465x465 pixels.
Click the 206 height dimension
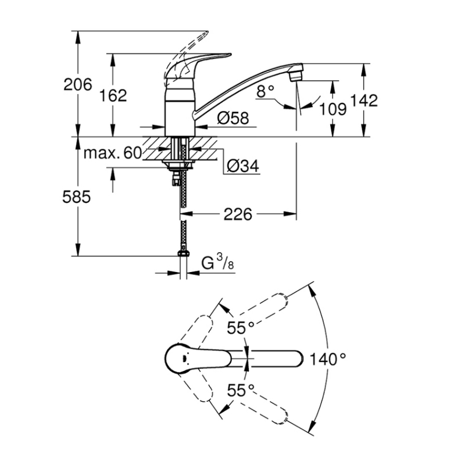pyautogui.click(x=78, y=85)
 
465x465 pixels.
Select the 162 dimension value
pyautogui.click(x=113, y=95)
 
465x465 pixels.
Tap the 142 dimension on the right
pyautogui.click(x=364, y=100)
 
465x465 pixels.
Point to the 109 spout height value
pyautogui.click(x=332, y=109)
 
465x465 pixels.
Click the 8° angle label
pyautogui.click(x=266, y=91)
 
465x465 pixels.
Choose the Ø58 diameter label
pyautogui.click(x=233, y=118)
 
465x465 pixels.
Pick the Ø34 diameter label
pyautogui.click(x=243, y=166)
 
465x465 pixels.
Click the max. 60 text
pyautogui.click(x=113, y=153)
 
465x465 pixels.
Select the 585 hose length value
pyautogui.click(x=77, y=196)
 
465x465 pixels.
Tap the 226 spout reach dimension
pyautogui.click(x=238, y=214)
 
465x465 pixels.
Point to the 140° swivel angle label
pyautogui.click(x=328, y=359)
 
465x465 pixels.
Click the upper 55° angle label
pyautogui.click(x=241, y=328)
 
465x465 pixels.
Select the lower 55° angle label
pyautogui.click(x=241, y=390)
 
